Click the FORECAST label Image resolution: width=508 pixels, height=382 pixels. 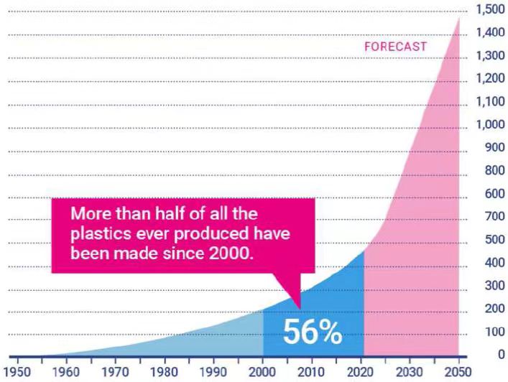click(395, 47)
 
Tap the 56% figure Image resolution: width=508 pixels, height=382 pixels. click(313, 332)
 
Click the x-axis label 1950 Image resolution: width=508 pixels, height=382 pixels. click(17, 372)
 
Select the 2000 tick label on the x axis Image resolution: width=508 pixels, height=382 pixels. click(262, 372)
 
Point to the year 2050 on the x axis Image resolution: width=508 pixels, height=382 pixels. click(458, 372)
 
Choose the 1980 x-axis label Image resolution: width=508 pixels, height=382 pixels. click(164, 372)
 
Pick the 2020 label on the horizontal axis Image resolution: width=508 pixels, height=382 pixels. click(360, 372)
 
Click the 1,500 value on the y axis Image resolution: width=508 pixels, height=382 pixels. click(491, 9)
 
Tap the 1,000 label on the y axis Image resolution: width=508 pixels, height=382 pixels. click(491, 124)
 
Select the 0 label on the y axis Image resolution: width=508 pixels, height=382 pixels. click(502, 355)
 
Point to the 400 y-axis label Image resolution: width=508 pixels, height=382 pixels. click(495, 263)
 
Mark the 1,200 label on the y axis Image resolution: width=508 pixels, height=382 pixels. click(491, 78)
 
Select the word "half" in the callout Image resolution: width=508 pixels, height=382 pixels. click(170, 214)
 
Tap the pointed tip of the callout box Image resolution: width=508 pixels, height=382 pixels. click(300, 309)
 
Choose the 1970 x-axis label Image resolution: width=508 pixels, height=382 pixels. click(115, 372)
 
